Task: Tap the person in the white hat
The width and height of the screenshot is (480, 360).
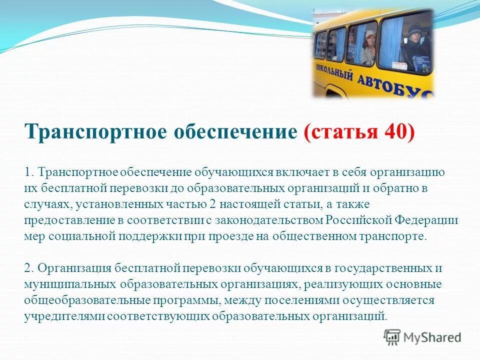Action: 369,47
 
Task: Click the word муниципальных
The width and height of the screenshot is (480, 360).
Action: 69,284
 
